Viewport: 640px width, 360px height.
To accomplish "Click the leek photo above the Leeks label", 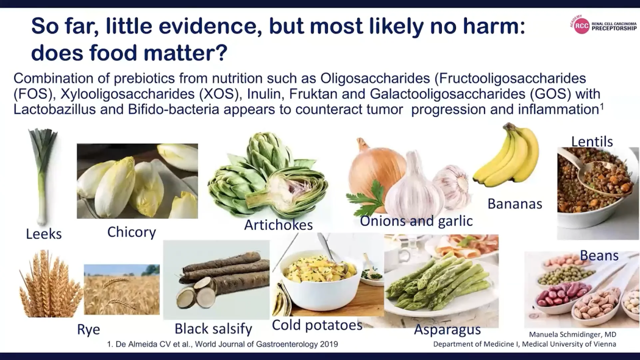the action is click(x=42, y=177).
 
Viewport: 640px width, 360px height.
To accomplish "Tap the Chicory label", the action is click(x=132, y=232).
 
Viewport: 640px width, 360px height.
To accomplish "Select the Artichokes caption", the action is click(x=279, y=225).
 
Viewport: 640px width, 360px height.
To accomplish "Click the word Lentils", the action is click(x=592, y=141).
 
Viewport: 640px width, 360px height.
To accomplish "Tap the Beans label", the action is click(x=599, y=256).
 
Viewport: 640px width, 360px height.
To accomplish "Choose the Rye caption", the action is click(x=88, y=330).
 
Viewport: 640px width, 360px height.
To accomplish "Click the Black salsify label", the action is click(x=213, y=328).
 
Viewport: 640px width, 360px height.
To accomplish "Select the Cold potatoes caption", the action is click(x=317, y=325).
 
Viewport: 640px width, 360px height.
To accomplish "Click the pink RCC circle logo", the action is click(x=581, y=26).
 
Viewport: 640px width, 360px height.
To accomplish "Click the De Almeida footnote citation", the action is click(x=222, y=344).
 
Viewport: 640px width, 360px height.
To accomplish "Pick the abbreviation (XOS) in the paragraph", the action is click(x=219, y=94).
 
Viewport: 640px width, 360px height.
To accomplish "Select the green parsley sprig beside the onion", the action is click(x=366, y=199).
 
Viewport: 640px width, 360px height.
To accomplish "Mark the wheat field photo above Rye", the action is click(x=122, y=289).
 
